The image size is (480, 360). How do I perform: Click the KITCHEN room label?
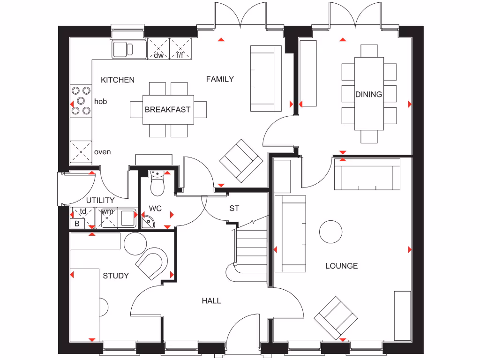(x=118, y=80)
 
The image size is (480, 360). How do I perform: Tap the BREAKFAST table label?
(x=167, y=110)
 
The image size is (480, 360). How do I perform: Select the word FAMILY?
(x=220, y=79)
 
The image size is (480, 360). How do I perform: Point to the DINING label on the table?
(x=368, y=94)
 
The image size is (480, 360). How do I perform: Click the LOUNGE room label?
(x=342, y=266)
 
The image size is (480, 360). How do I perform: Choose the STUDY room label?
(x=116, y=276)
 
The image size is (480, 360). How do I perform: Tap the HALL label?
(x=211, y=300)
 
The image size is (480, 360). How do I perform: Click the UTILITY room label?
(x=100, y=201)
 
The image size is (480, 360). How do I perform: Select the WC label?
(x=155, y=208)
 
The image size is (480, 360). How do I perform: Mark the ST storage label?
(x=234, y=208)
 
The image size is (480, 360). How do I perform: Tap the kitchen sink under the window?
(x=128, y=48)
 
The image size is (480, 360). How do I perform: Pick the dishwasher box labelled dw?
(x=158, y=49)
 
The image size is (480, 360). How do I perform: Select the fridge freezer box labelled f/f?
(x=180, y=49)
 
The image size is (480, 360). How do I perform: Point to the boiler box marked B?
(x=76, y=224)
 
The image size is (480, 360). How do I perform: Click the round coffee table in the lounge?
(x=331, y=232)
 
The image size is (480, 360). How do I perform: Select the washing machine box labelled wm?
(x=107, y=217)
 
